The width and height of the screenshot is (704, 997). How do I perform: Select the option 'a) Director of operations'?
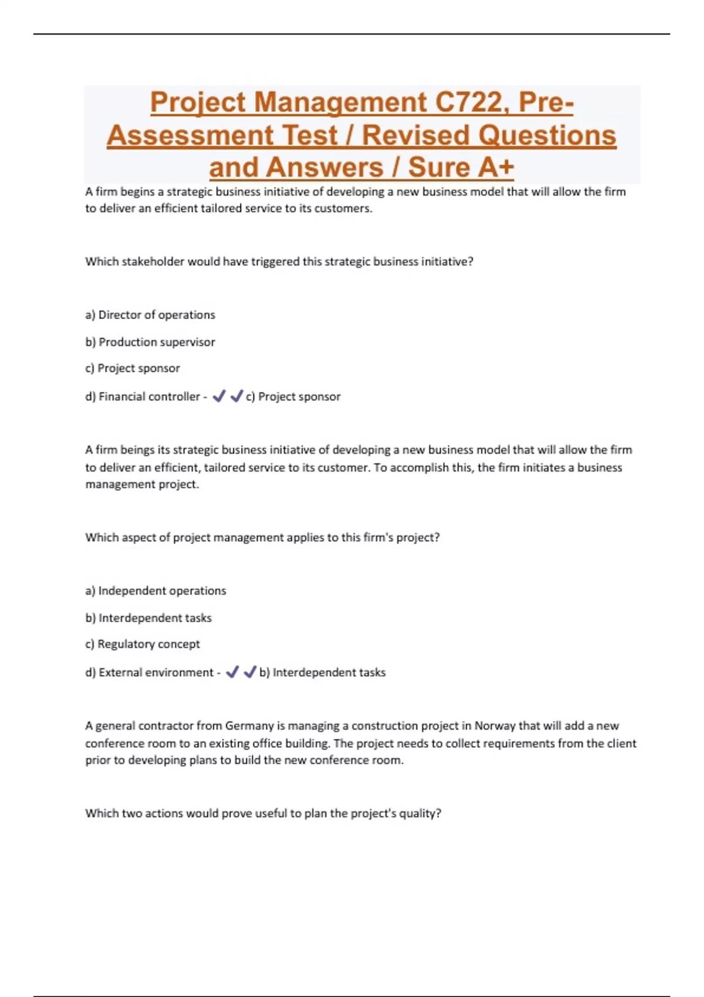pyautogui.click(x=150, y=315)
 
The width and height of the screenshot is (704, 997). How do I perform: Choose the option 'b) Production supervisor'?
pyautogui.click(x=150, y=342)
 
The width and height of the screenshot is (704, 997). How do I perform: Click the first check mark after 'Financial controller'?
pyautogui.click(x=219, y=396)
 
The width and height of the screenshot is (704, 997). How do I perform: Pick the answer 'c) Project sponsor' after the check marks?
pyautogui.click(x=293, y=396)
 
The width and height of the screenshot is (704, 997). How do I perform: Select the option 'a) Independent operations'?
pyautogui.click(x=155, y=591)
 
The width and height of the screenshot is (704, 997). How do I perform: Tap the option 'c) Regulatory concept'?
pyautogui.click(x=143, y=644)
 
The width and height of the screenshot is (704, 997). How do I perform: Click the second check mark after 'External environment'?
pyautogui.click(x=250, y=672)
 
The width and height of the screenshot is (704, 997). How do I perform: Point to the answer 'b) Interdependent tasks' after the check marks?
pyautogui.click(x=322, y=672)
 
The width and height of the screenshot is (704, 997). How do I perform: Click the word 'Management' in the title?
pyautogui.click(x=340, y=102)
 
